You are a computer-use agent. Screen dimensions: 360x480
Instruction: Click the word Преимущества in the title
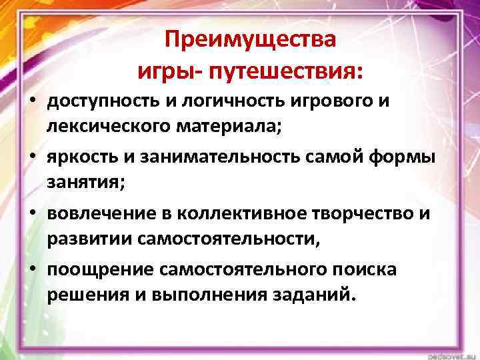coord(251,41)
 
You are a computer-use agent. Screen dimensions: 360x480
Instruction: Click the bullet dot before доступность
coord(31,102)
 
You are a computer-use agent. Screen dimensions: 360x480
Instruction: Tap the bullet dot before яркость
coord(31,156)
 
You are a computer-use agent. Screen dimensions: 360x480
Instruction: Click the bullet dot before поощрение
coord(31,269)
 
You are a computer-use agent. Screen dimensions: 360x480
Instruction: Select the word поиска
coord(366,269)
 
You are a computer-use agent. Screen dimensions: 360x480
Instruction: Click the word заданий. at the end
coord(310,295)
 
